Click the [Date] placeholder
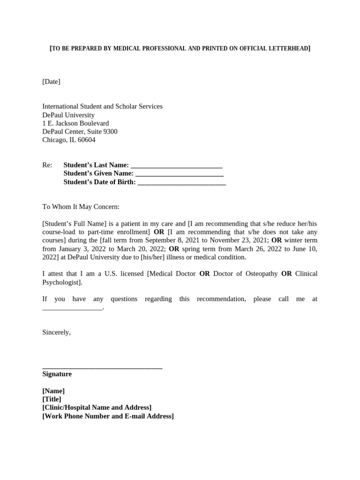tap(51, 82)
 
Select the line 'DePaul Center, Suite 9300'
tap(80, 132)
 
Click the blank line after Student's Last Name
tap(176, 165)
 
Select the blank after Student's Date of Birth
tap(182, 182)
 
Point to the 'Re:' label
tap(47, 165)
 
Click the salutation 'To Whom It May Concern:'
tap(81, 207)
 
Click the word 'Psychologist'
tap(61, 282)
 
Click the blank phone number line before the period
tap(72, 308)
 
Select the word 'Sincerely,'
tap(56, 332)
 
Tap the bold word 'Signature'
tap(57, 374)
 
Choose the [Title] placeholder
tap(52, 399)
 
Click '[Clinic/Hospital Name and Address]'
tap(97, 408)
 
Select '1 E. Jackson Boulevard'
tap(75, 123)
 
